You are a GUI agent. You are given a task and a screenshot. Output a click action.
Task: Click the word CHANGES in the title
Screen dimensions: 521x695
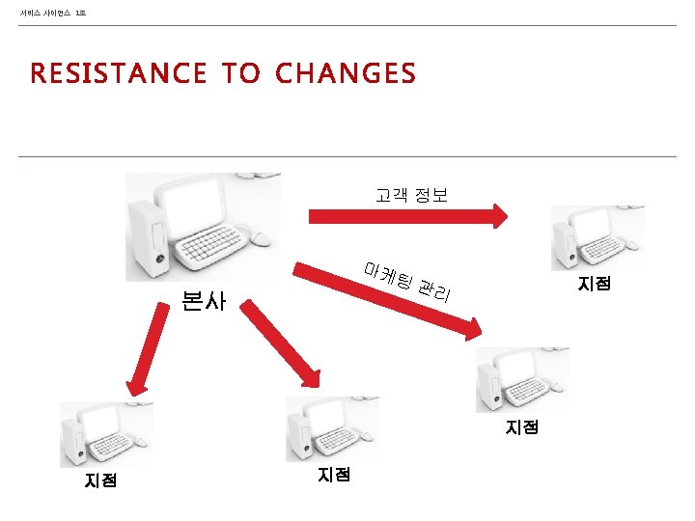pyautogui.click(x=346, y=73)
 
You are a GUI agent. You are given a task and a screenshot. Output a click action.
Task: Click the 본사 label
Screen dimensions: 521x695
pyautogui.click(x=203, y=301)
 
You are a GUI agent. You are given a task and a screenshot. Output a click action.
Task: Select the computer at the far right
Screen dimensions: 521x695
pyautogui.click(x=597, y=237)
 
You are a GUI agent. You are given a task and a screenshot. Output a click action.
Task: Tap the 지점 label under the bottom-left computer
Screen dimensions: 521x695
pyautogui.click(x=100, y=480)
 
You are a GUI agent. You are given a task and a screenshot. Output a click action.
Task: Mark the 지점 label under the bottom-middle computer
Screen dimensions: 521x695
pyautogui.click(x=334, y=474)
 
